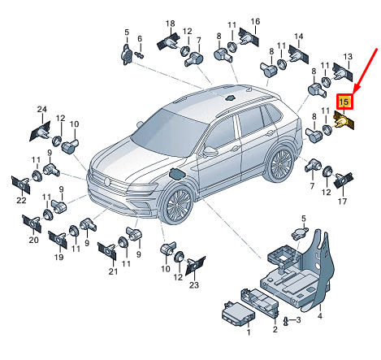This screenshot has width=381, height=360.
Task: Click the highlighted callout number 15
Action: pyautogui.click(x=344, y=102)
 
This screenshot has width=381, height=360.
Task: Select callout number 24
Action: pyautogui.click(x=42, y=109)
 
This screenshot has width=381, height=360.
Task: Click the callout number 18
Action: pyautogui.click(x=171, y=24)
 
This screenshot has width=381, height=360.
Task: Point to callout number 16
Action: pyautogui.click(x=255, y=21)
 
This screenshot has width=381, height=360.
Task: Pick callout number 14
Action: pyautogui.click(x=299, y=37)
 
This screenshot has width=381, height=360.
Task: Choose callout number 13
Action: pyautogui.click(x=348, y=57)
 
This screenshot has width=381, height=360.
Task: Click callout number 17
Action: pyautogui.click(x=342, y=202)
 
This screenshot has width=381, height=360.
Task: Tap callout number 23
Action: pyautogui.click(x=194, y=285)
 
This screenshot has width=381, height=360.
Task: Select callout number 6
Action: pyautogui.click(x=140, y=39)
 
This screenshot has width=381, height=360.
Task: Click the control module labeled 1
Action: pyautogui.click(x=238, y=314)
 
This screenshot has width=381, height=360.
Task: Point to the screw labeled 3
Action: pyautogui.click(x=286, y=321)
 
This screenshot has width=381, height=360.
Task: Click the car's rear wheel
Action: pyautogui.click(x=280, y=163)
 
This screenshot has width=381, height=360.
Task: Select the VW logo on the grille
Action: pyautogui.click(x=107, y=182)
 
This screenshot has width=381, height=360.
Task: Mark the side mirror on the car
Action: pyautogui.click(x=210, y=151)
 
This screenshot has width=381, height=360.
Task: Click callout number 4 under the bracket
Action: pyautogui.click(x=320, y=316)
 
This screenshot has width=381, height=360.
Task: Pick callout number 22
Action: pyautogui.click(x=21, y=201)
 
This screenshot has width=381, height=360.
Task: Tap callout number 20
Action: pyautogui.click(x=34, y=240)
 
